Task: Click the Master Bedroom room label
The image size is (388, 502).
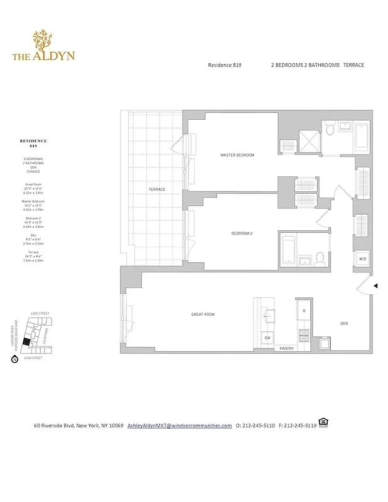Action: tap(237, 155)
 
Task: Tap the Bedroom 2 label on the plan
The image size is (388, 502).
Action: tap(241, 233)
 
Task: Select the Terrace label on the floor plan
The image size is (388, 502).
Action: tap(156, 189)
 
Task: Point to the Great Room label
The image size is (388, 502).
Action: tap(203, 314)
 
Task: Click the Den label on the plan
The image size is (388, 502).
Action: tap(344, 324)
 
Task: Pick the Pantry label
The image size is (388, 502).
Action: tap(287, 348)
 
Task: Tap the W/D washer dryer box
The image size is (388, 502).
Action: tap(363, 259)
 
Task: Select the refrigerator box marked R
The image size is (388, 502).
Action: tap(304, 311)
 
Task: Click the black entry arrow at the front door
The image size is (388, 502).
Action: tap(375, 286)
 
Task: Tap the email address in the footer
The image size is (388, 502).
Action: tap(180, 425)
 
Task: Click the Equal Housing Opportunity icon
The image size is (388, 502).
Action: tap(323, 422)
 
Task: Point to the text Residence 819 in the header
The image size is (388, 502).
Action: tap(224, 65)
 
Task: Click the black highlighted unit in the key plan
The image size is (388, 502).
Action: tap(26, 341)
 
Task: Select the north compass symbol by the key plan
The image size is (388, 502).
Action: tap(14, 360)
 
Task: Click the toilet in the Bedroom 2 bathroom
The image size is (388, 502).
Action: tap(320, 257)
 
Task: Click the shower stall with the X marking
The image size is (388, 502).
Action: tap(308, 139)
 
